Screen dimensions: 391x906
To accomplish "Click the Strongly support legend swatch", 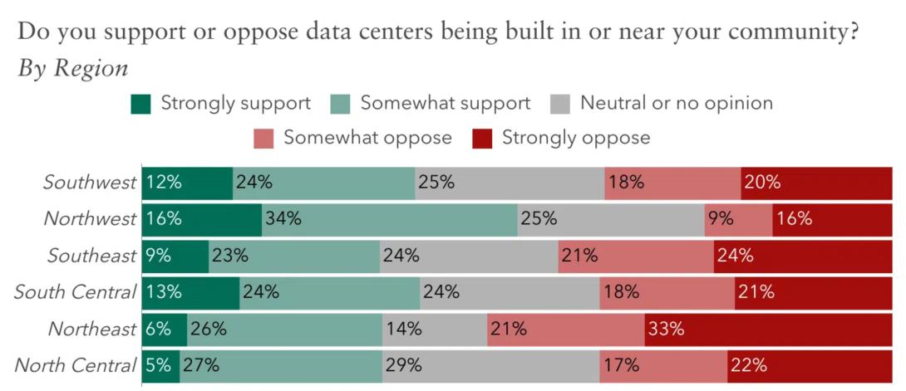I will (141, 105).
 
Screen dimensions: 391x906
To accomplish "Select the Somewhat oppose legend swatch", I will (263, 138).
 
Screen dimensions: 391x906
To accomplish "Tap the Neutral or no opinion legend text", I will (677, 104).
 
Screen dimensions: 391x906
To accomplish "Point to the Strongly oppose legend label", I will (575, 138).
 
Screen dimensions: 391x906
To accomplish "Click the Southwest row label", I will (89, 183).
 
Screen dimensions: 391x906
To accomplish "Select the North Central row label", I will (76, 365).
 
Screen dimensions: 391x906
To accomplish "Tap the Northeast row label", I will (91, 329).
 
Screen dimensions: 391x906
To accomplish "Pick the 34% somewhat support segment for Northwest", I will (389, 219).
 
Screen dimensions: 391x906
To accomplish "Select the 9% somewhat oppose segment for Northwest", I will (738, 219).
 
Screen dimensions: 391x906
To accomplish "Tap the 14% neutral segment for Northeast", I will (434, 329).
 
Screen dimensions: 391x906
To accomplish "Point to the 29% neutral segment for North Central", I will (490, 365).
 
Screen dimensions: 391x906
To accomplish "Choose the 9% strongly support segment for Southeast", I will (175, 256).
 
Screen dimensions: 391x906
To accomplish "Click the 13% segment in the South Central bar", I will (190, 292).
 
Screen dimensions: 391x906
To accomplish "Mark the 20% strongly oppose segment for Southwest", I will (817, 183).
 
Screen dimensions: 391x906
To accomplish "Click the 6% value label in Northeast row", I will (158, 329).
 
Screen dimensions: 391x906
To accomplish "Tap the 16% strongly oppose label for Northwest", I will (794, 219).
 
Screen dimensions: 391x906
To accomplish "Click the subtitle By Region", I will (73, 69).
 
